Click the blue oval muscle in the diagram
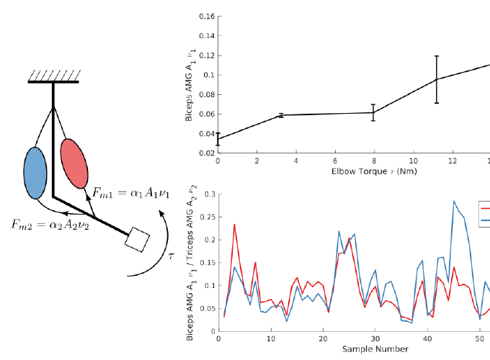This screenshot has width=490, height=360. click(35, 174)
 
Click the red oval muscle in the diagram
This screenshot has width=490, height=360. click(74, 162)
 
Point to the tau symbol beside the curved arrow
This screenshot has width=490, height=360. click(171, 253)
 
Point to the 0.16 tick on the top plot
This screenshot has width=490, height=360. click(206, 16)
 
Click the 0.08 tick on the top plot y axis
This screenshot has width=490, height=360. click(206, 94)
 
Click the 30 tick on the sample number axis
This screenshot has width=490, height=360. click(375, 338)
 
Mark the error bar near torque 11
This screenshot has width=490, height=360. click(437, 79)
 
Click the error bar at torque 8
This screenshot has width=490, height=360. click(373, 112)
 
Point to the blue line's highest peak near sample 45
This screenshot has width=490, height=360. click(454, 201)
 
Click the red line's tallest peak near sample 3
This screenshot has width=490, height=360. click(234, 224)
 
